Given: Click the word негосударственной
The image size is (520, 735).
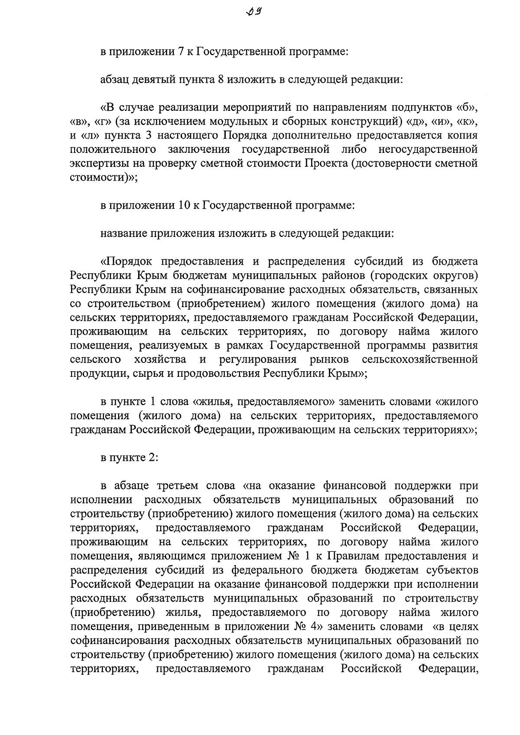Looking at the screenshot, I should pos(428,149).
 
